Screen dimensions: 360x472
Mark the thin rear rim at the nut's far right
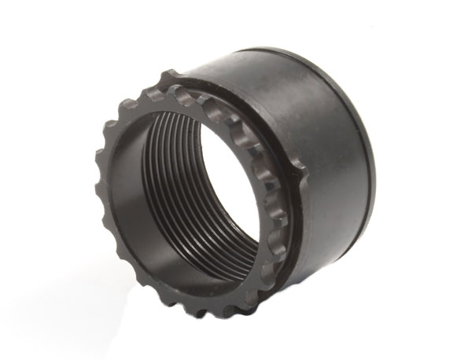tap(371, 157)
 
